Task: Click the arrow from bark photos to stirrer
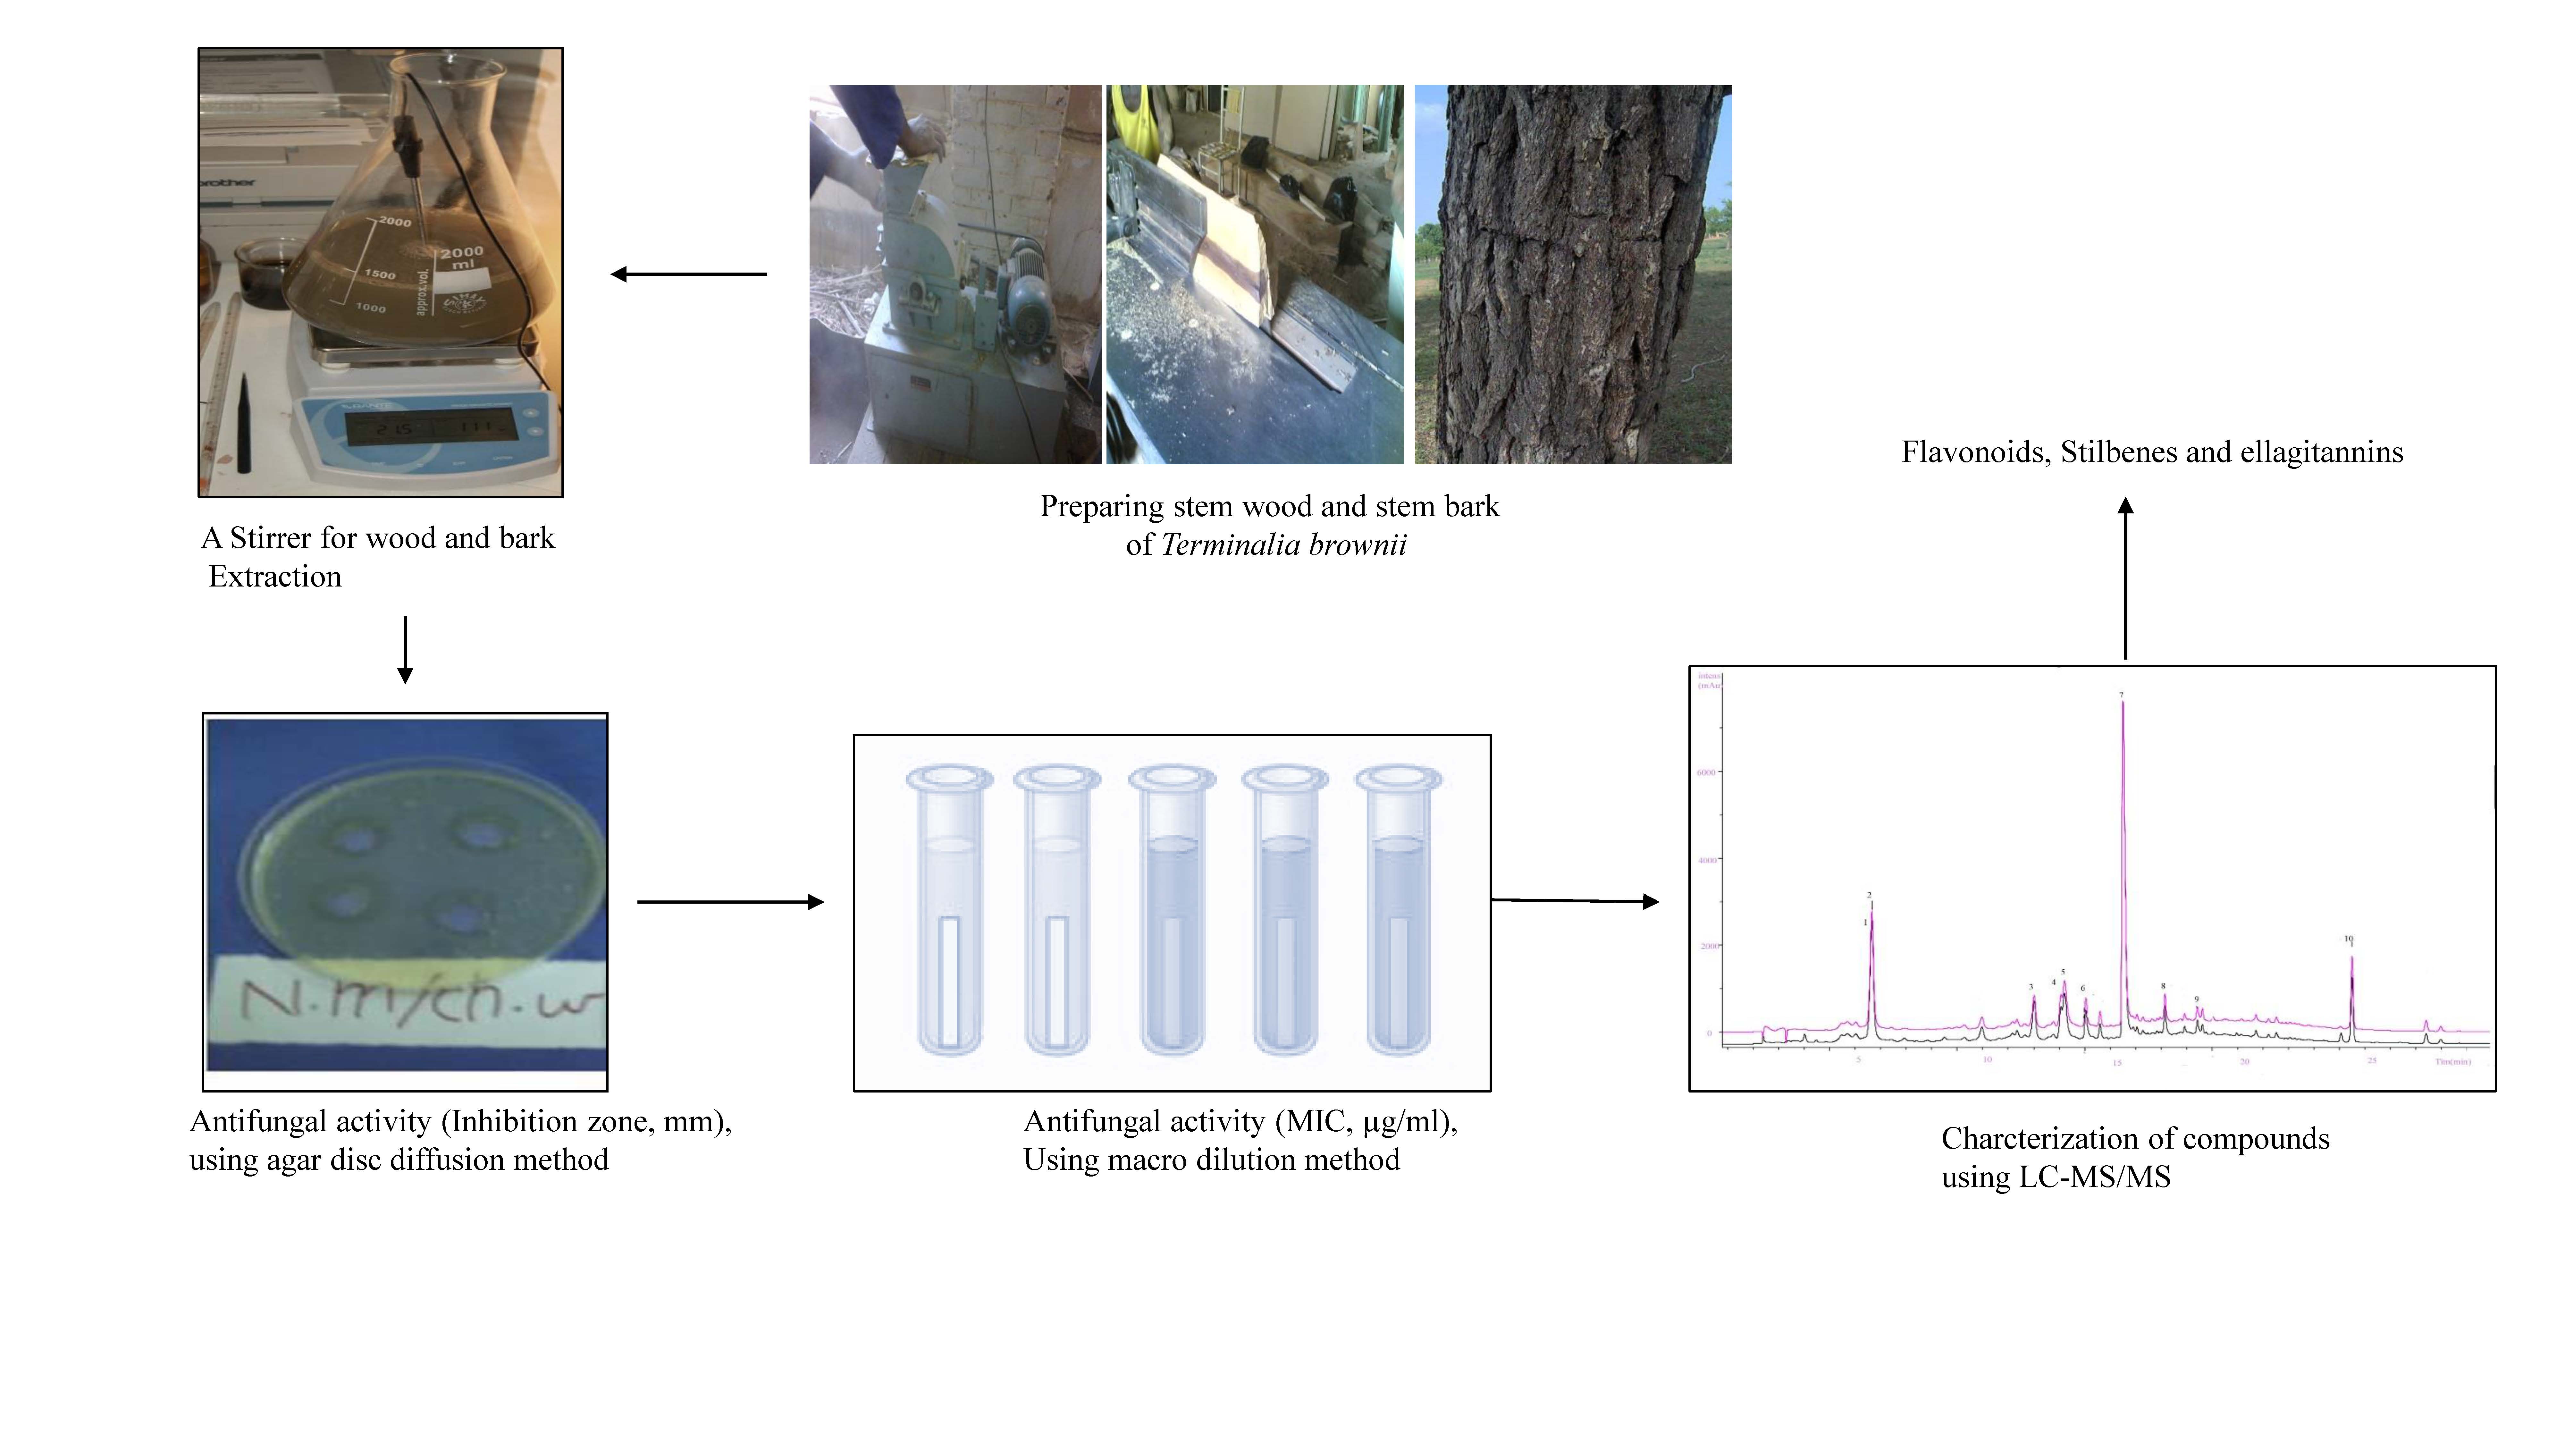pyautogui.click(x=689, y=274)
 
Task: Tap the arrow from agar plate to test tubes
pyautogui.click(x=730, y=902)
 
